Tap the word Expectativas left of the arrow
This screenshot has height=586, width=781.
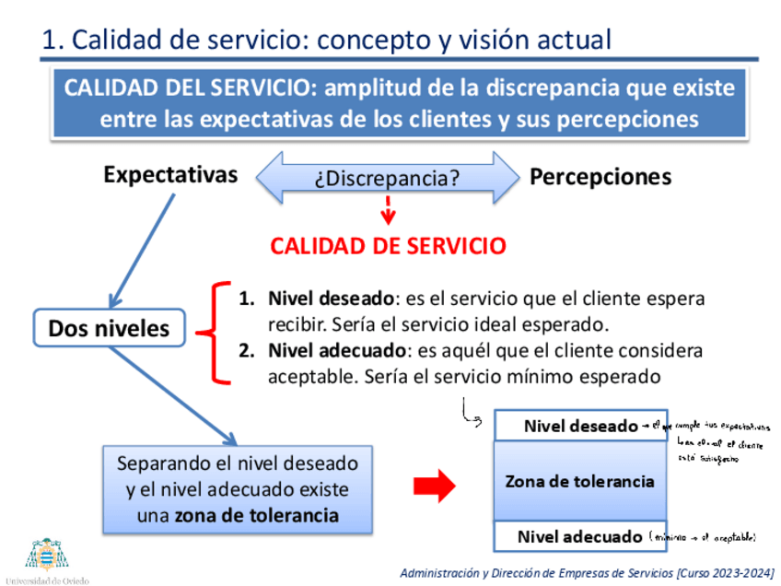tap(170, 175)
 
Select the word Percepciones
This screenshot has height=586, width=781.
tap(600, 177)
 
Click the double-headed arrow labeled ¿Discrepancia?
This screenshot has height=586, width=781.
tap(387, 177)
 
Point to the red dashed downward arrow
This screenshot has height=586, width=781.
tap(389, 209)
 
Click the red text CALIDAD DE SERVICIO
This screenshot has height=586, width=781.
tap(388, 246)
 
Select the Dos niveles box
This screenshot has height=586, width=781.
tap(109, 328)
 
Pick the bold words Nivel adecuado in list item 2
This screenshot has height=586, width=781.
tap(336, 351)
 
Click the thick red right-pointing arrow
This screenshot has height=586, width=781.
tap(435, 486)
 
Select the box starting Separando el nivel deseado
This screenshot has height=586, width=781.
tap(237, 489)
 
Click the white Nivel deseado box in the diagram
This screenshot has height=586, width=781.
tap(579, 426)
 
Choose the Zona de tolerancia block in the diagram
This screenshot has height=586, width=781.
tap(579, 481)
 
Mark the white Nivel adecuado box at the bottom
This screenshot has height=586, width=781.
tap(579, 536)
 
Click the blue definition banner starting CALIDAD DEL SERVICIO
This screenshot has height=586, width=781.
tap(399, 103)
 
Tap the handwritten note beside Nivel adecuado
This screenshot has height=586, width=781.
tap(703, 536)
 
